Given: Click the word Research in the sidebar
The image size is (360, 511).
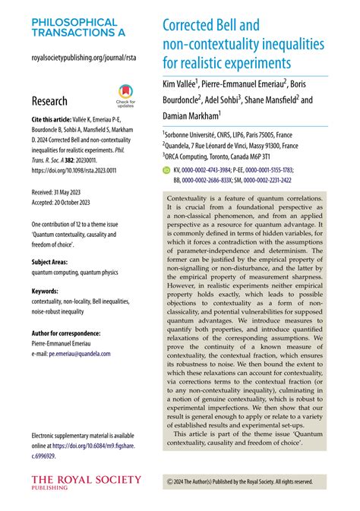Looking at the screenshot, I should [x=49, y=101].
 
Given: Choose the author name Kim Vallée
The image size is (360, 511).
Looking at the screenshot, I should [x=179, y=82].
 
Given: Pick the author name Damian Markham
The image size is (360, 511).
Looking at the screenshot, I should [x=191, y=115].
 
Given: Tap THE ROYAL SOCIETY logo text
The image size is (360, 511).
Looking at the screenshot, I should [x=86, y=479].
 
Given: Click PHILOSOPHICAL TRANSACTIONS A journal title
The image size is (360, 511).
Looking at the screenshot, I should [x=74, y=27].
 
